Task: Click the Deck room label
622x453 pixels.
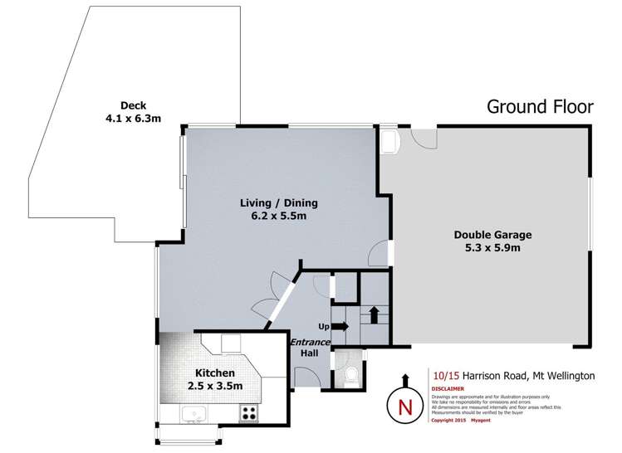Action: [134, 105]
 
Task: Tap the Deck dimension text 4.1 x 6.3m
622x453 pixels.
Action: [134, 119]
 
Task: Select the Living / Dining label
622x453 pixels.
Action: [279, 202]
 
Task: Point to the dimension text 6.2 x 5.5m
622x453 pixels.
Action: [279, 217]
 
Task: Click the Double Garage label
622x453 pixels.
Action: [492, 235]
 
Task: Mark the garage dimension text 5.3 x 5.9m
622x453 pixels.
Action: [492, 248]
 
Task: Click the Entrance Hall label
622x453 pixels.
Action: [309, 348]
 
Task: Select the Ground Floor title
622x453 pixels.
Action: [539, 106]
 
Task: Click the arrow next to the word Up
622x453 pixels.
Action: [341, 326]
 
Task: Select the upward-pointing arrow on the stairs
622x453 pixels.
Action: [374, 314]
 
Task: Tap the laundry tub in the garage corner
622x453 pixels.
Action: [389, 140]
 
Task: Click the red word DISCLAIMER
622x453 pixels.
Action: [448, 388]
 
